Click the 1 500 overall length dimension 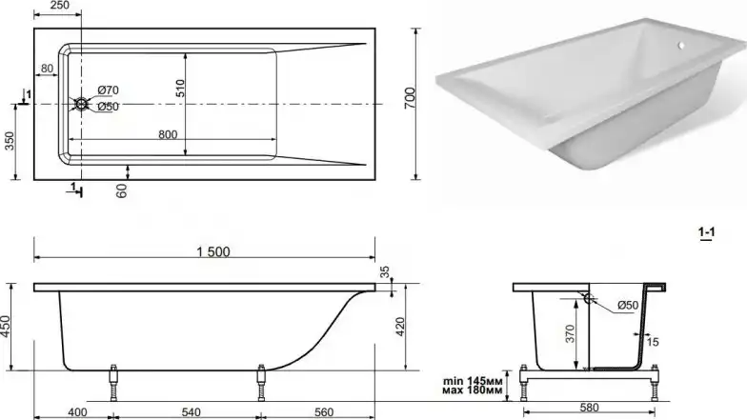213,251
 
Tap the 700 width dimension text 410,98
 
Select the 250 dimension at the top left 59,6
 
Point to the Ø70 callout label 109,90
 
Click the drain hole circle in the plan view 81,104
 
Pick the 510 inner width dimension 180,89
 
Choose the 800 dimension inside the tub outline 168,135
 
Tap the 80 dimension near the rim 47,69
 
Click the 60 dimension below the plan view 122,190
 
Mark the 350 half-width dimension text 10,141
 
